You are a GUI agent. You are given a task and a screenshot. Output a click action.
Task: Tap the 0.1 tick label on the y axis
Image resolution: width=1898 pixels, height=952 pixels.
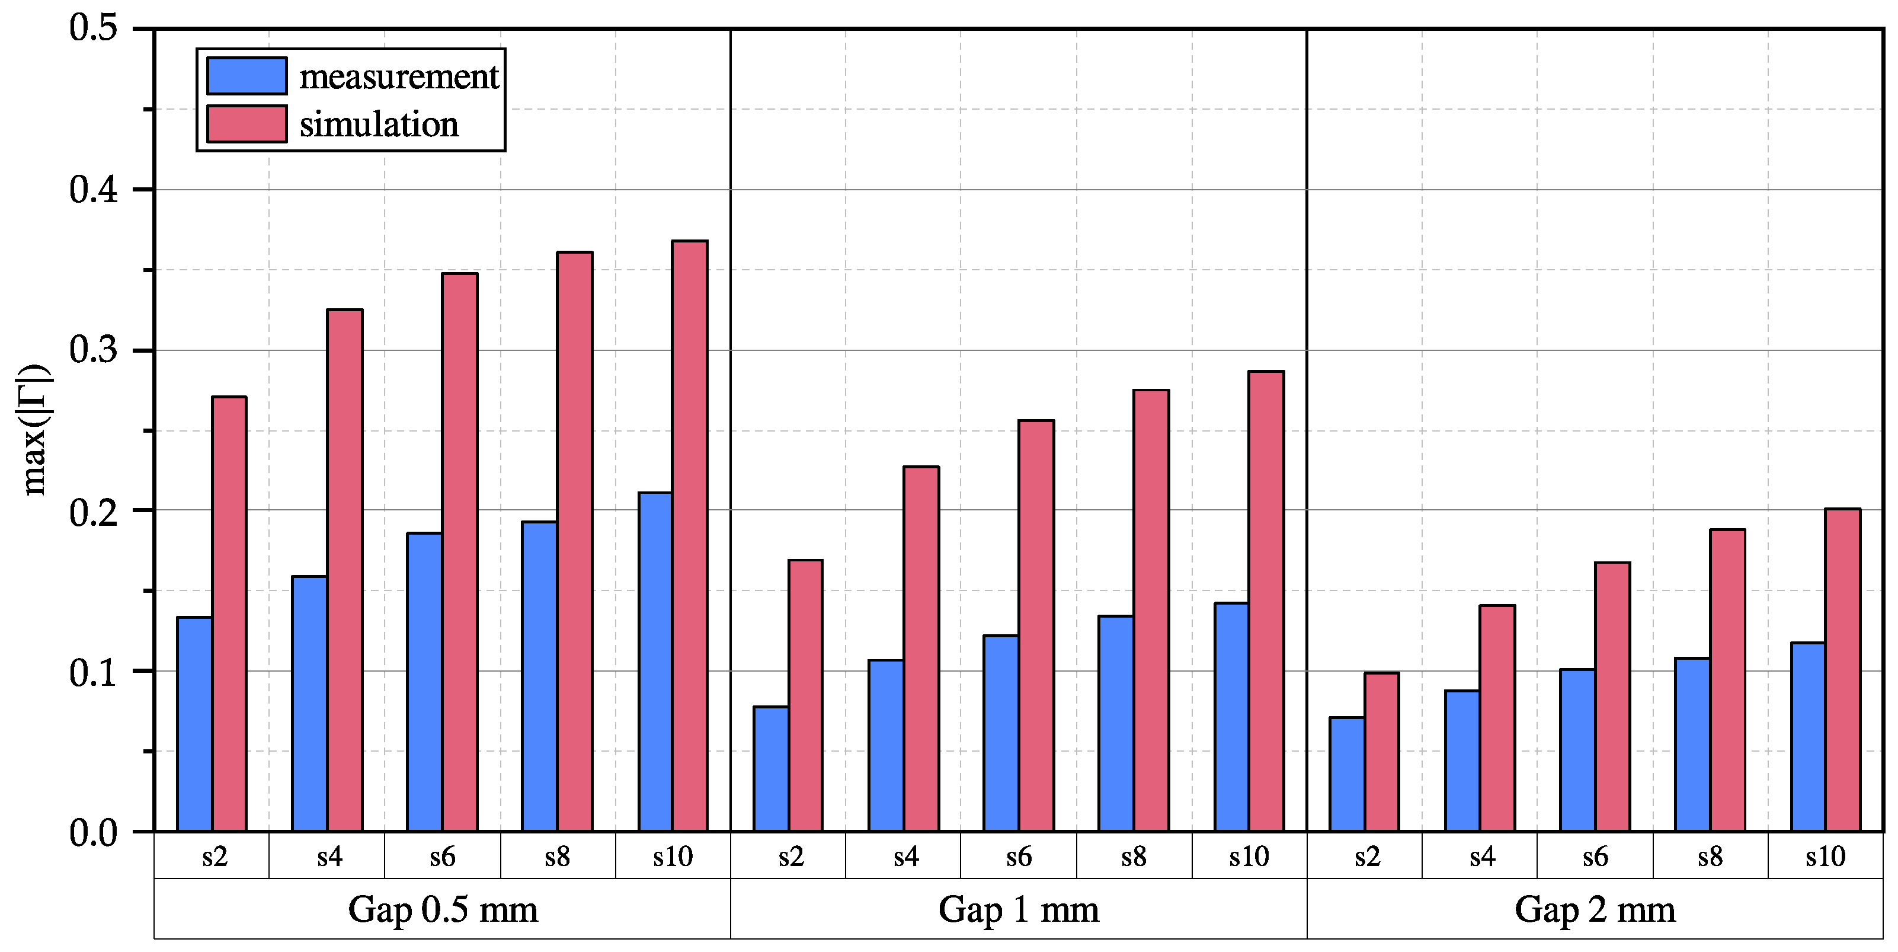[94, 672]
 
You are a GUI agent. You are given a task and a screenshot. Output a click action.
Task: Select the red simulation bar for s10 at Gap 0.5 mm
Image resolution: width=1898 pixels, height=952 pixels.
[690, 536]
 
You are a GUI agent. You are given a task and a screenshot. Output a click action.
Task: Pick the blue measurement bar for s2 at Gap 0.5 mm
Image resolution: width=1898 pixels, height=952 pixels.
[194, 724]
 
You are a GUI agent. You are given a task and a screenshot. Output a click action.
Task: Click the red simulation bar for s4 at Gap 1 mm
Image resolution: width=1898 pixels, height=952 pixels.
[921, 648]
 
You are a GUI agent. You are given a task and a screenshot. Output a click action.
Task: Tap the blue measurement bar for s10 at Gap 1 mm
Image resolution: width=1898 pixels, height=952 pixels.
[1232, 717]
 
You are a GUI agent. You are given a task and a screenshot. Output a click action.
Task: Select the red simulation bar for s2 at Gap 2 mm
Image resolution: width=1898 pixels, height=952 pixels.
[1381, 752]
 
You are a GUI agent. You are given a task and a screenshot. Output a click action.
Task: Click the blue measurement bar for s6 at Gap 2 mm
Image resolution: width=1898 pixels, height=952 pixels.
[1577, 750]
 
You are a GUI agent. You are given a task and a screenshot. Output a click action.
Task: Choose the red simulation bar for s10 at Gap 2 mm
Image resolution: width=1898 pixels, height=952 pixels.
[1843, 670]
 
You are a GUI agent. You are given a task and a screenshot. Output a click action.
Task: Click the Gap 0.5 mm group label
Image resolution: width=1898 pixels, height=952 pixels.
[442, 910]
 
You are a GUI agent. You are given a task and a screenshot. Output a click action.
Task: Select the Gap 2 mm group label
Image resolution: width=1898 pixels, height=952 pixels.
[1595, 910]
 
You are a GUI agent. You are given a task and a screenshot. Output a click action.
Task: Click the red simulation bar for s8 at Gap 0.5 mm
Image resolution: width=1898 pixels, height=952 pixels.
[575, 542]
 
